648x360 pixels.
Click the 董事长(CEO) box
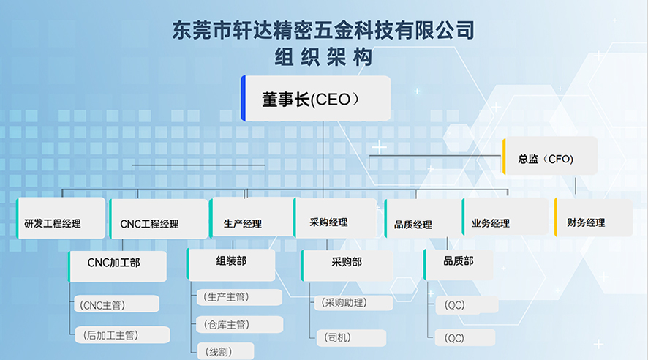[x=316, y=98]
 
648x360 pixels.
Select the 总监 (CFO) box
[x=550, y=156]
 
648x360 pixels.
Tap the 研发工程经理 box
[x=61, y=218]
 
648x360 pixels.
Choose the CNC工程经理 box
[x=158, y=219]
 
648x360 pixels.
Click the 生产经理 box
[x=252, y=217]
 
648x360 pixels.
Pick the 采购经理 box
[x=335, y=218]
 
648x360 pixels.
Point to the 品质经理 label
[x=412, y=225]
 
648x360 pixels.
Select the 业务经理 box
[x=505, y=217]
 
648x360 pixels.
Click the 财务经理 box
[x=593, y=217]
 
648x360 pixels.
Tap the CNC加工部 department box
[x=117, y=266]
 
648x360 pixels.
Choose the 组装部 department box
[x=230, y=265]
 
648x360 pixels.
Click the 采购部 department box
[x=347, y=266]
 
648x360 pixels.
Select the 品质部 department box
[x=459, y=265]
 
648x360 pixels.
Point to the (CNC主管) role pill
[x=116, y=304]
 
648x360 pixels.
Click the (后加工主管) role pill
[x=122, y=335]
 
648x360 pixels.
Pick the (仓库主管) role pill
[x=240, y=324]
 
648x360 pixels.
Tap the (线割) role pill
[x=225, y=351]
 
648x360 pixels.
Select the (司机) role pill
[x=351, y=337]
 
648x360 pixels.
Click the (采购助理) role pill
[x=354, y=302]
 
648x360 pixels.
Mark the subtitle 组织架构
[x=323, y=57]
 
